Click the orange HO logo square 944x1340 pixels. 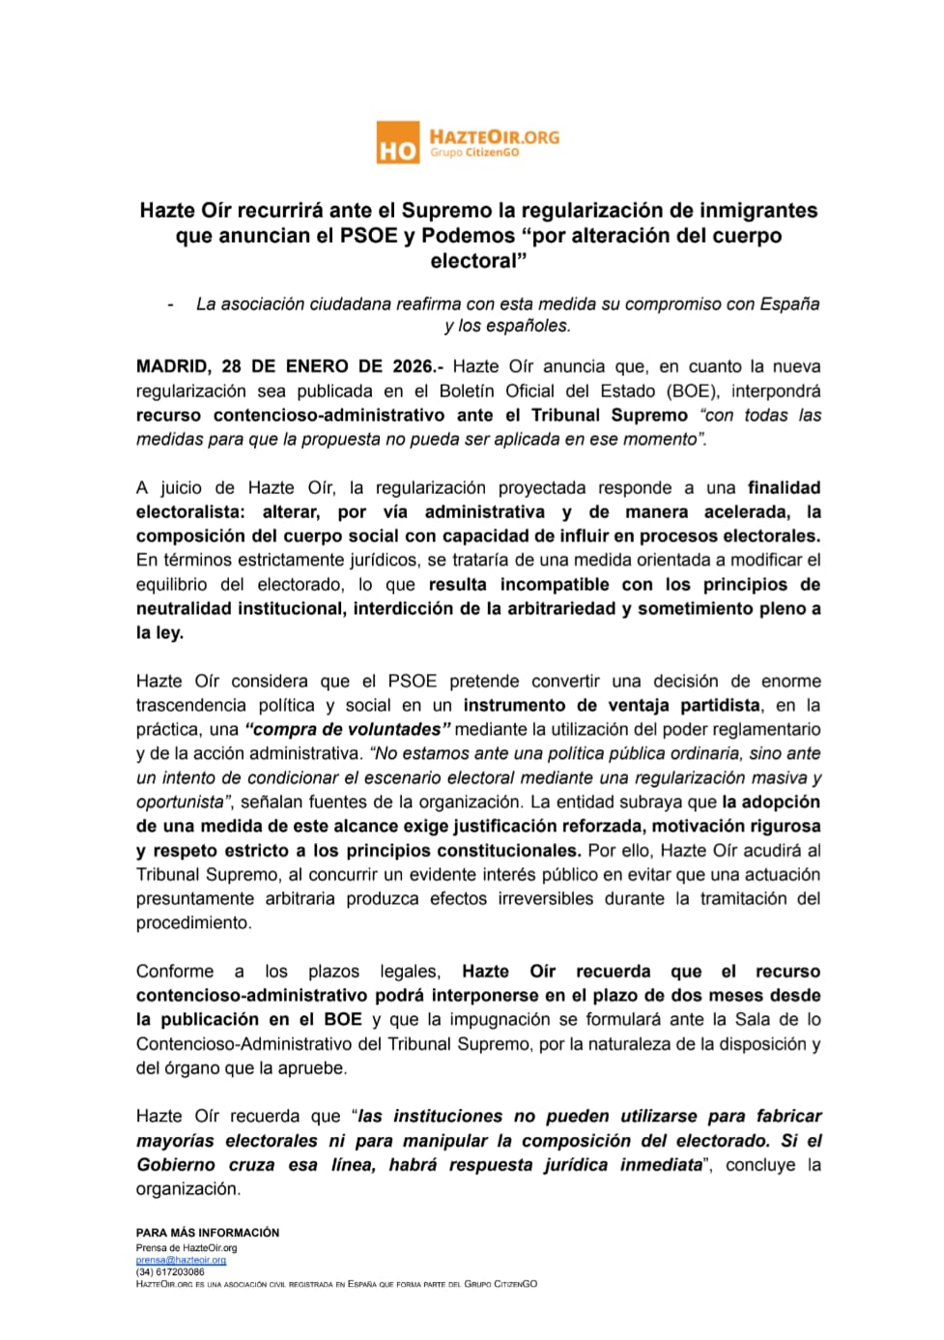click(397, 143)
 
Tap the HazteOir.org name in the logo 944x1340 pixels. click(494, 136)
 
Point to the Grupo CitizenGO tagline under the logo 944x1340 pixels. click(474, 153)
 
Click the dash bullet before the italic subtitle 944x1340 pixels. click(171, 305)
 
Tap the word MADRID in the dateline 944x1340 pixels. click(172, 366)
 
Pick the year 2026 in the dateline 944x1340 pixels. click(414, 366)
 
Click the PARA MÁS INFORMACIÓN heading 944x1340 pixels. click(208, 1233)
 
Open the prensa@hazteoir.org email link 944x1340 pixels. click(181, 1261)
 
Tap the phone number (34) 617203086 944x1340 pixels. click(170, 1272)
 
